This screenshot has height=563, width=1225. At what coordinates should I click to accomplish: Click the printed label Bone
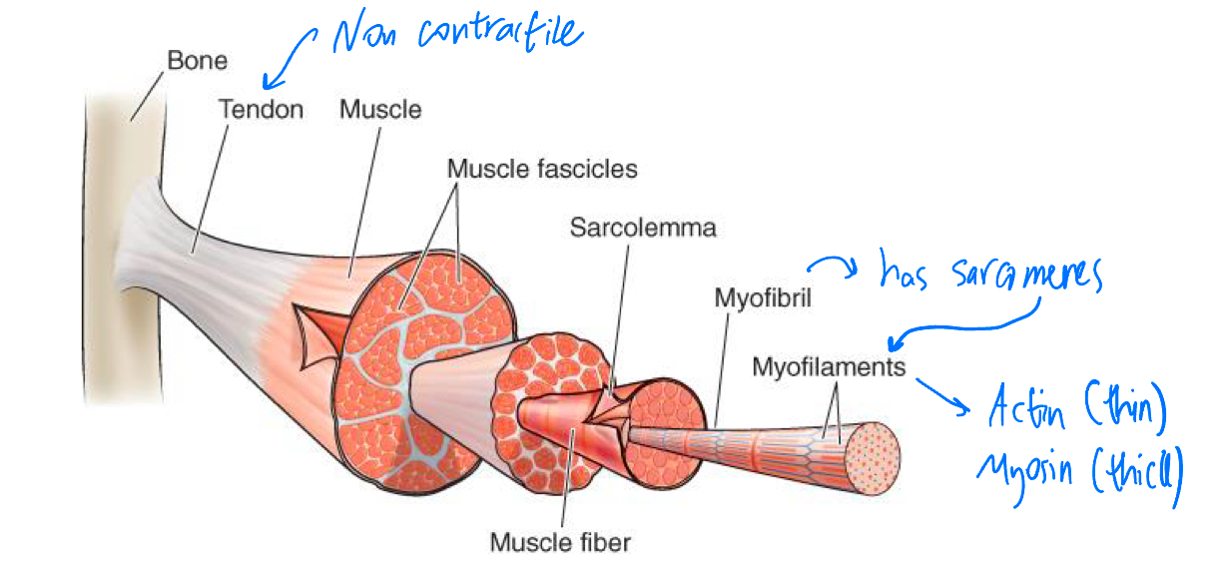198,61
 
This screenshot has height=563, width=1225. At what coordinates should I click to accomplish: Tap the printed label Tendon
261,109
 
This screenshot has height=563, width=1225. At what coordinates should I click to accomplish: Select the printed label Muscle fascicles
541,168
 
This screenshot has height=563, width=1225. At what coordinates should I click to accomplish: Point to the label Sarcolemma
643,228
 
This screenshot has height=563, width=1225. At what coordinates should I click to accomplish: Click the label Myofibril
761,297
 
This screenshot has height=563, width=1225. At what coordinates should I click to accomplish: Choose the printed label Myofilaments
829,367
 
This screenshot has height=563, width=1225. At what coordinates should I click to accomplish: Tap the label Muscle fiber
560,543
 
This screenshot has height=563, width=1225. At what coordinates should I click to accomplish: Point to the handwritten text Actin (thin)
1076,409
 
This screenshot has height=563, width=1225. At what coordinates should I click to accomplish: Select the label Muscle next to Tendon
380,109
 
